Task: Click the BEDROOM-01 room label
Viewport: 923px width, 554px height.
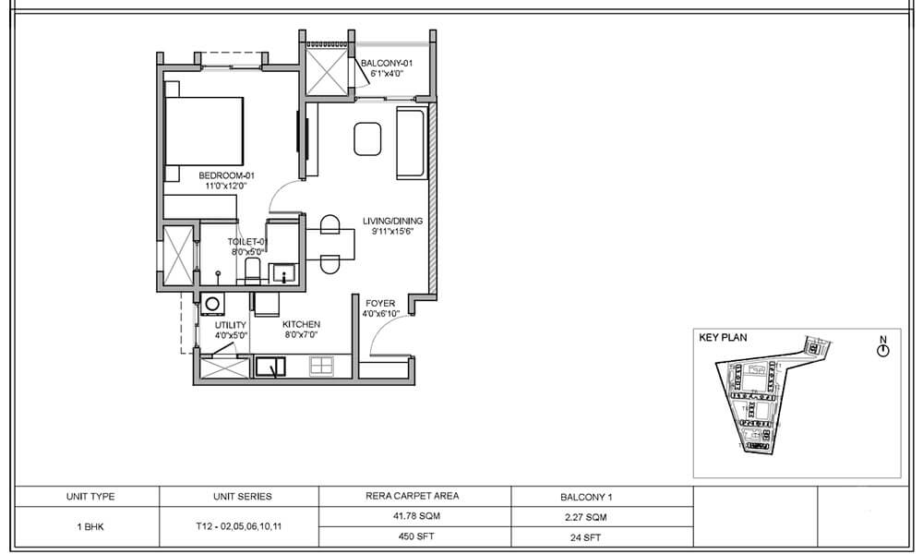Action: coord(226,175)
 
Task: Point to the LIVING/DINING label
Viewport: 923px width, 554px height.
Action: coord(392,221)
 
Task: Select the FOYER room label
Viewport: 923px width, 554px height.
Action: coord(379,303)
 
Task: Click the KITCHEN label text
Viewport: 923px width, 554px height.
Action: coord(301,325)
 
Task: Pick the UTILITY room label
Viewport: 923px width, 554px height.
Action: coord(230,325)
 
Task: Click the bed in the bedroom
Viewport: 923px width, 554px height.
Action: coord(204,130)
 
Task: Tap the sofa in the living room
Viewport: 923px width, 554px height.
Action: coord(410,143)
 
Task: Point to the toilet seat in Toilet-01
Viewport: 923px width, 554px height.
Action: coord(252,271)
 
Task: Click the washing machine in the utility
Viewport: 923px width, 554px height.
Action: coord(213,303)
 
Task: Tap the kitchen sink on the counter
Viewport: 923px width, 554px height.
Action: coord(271,367)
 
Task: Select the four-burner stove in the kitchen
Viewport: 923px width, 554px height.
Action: coord(321,367)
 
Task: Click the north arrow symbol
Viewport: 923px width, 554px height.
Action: coord(882,348)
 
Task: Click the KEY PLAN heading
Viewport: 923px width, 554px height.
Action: coord(723,338)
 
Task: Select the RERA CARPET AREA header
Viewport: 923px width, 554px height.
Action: coord(413,496)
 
